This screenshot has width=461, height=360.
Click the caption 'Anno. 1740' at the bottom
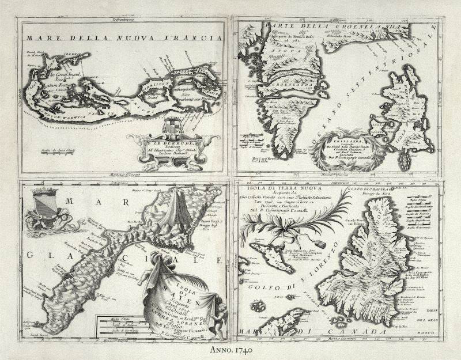[x=230, y=349]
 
